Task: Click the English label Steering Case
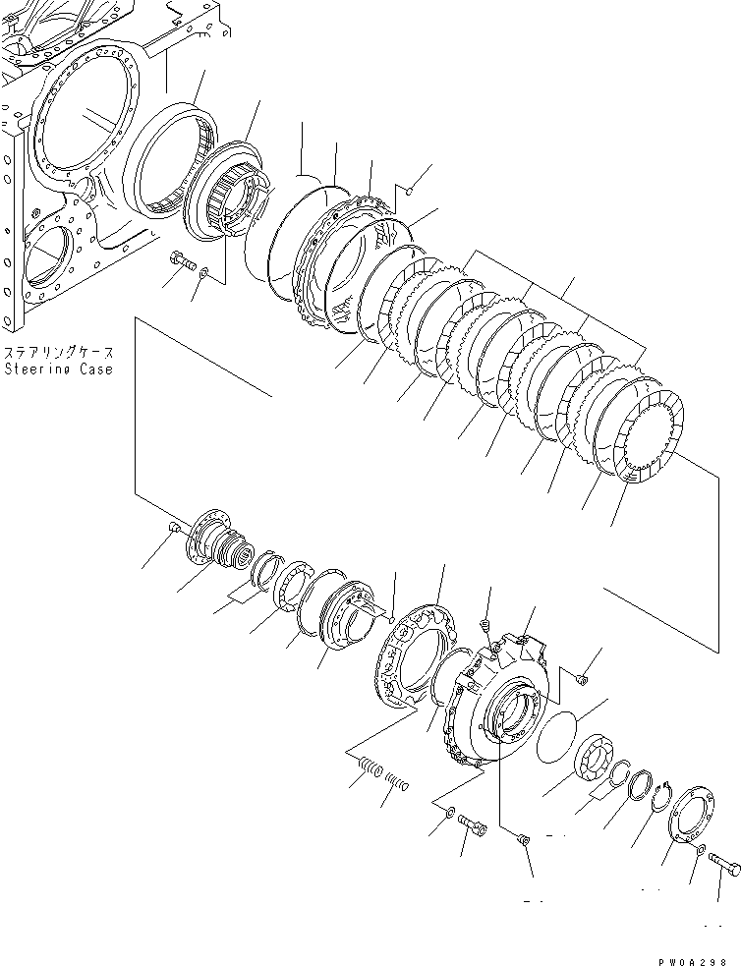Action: (58, 369)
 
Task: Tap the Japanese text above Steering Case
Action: (58, 353)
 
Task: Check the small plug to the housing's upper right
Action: (582, 677)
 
